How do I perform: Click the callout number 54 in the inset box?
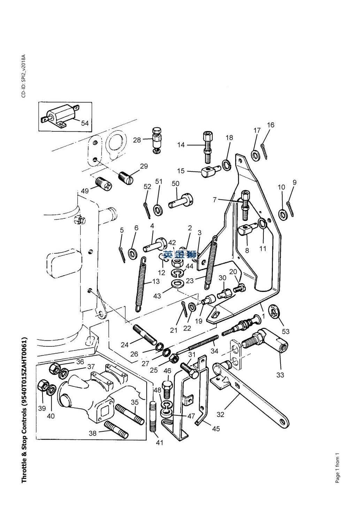tap(85, 123)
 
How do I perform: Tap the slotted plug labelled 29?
tap(126, 179)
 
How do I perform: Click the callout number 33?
tap(280, 375)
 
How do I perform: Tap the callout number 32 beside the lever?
tap(220, 414)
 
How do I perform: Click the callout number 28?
tap(137, 140)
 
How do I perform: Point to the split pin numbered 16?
tap(264, 151)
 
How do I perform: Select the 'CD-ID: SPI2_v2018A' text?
tap(24, 76)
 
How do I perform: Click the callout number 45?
tap(216, 429)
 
